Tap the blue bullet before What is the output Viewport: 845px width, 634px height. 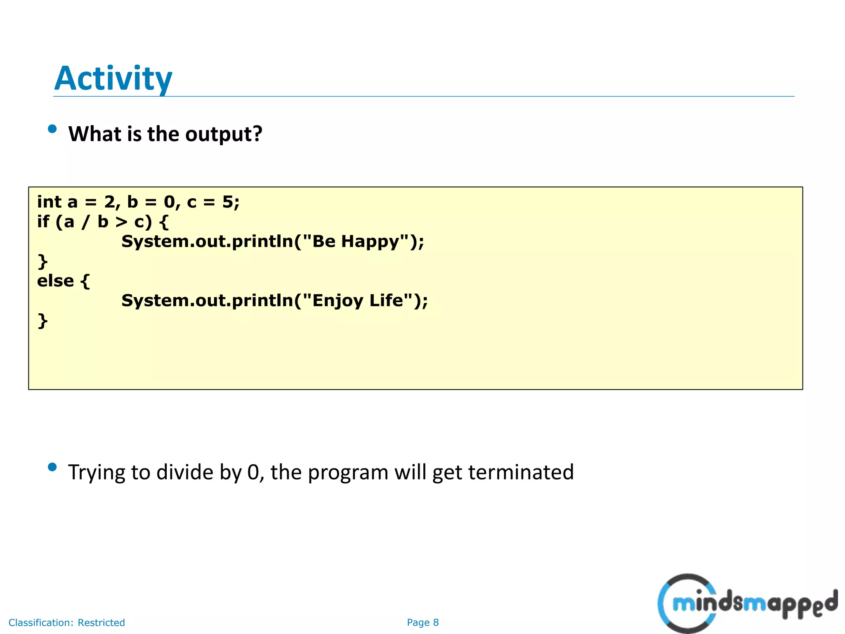52,129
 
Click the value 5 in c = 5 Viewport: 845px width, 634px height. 228,202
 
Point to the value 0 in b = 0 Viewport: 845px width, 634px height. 169,202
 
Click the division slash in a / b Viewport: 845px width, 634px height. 85,222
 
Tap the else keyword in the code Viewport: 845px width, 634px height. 55,281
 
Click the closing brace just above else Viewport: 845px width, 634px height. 42,261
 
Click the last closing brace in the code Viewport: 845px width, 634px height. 42,320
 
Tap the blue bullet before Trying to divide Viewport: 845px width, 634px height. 52,467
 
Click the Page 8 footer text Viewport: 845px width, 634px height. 422,622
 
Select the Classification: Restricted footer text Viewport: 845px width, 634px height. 66,622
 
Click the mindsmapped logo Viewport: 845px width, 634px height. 747,603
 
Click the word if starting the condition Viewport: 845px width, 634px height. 43,222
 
